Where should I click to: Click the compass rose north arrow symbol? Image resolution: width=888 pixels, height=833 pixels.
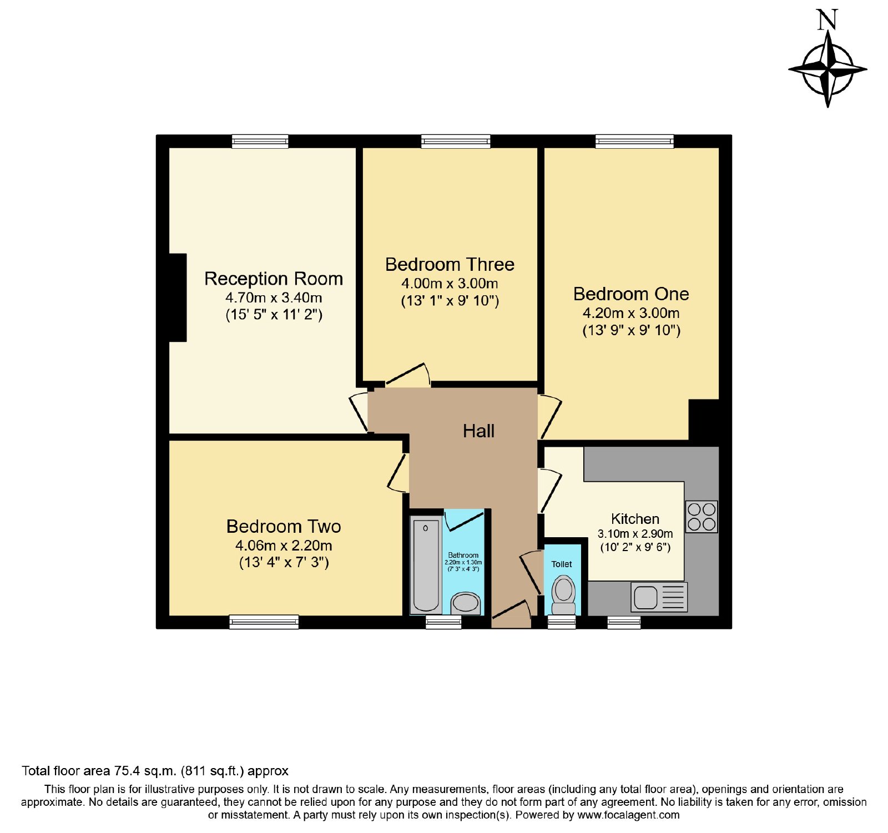click(x=828, y=69)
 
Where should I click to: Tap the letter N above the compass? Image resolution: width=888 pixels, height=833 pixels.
click(x=827, y=19)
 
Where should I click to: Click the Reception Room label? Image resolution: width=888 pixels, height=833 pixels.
click(x=274, y=279)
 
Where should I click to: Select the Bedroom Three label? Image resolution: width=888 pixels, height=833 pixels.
click(x=450, y=264)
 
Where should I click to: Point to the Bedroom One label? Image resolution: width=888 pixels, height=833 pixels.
click(x=631, y=294)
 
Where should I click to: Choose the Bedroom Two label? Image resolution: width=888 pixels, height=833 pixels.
click(x=284, y=526)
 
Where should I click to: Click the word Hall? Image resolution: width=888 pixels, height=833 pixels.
click(x=478, y=431)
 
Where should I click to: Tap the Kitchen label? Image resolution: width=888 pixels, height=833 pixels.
click(x=635, y=519)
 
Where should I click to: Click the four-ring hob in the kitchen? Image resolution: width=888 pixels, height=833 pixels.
click(x=702, y=517)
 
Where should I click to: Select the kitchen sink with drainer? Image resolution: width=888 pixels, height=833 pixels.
click(x=659, y=597)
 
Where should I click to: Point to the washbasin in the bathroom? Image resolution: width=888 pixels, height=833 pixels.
click(x=465, y=603)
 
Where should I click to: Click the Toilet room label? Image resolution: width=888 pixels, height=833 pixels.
click(x=562, y=564)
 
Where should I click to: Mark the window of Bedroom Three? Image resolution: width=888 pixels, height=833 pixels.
click(x=456, y=142)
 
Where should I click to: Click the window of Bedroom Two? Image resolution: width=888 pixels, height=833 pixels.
click(x=264, y=622)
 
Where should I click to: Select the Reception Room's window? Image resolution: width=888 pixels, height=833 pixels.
click(x=260, y=142)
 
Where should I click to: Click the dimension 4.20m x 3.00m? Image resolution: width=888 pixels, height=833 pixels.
click(x=631, y=313)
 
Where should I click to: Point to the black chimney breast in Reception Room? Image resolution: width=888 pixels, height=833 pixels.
click(x=178, y=297)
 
